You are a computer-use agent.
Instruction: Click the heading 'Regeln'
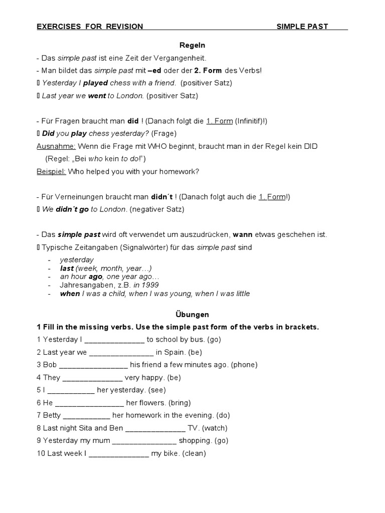tap(192, 45)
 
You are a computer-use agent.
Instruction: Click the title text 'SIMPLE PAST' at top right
tap(302, 27)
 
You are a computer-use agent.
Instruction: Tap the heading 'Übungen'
tap(192, 315)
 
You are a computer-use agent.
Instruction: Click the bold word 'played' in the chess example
tap(95, 83)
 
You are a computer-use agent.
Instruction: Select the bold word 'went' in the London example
tap(97, 96)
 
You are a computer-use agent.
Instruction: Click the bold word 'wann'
tap(243, 234)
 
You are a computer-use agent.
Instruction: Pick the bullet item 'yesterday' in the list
tap(77, 260)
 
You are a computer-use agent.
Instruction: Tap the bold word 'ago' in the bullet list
tap(95, 277)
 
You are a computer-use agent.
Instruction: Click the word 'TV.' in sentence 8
tap(193, 428)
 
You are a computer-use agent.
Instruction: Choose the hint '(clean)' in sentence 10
tap(194, 453)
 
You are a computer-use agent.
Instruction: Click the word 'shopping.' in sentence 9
tap(196, 441)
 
